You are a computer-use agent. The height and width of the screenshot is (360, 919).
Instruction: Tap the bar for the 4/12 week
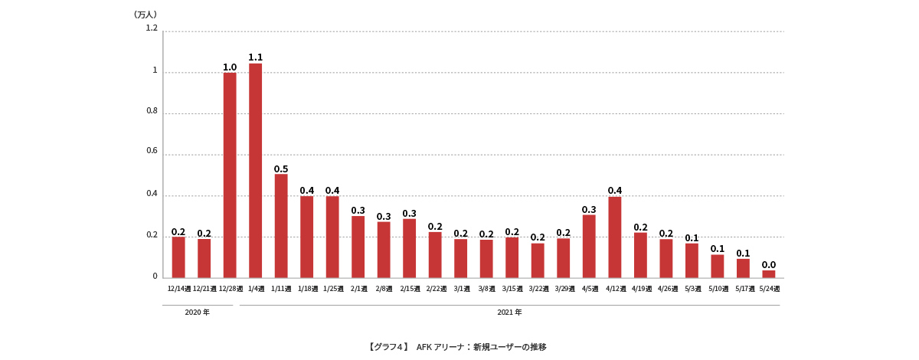(615, 237)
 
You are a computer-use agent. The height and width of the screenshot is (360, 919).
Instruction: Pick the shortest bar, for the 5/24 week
(769, 273)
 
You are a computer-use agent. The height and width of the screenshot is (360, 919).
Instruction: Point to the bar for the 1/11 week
(281, 225)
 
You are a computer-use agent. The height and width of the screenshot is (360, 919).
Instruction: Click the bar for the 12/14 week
(178, 257)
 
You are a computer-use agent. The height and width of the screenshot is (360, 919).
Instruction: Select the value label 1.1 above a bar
(255, 57)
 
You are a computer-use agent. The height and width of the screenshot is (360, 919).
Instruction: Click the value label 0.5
(281, 169)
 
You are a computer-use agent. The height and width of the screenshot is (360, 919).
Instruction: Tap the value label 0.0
(769, 265)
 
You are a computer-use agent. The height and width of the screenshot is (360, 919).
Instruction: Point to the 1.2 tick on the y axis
(151, 28)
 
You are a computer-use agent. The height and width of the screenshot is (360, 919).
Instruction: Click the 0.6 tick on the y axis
(151, 152)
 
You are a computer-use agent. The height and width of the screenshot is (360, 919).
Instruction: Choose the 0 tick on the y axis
(154, 277)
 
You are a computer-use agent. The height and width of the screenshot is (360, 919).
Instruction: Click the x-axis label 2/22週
(436, 289)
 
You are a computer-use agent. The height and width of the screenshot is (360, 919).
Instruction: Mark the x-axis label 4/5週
(590, 289)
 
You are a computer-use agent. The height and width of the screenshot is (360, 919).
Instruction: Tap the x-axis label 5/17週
(744, 289)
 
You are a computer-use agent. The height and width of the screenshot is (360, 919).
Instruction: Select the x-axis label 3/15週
(512, 289)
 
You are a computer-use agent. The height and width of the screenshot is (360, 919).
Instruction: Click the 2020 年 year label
(197, 313)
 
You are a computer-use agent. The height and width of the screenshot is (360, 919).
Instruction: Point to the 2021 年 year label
(509, 313)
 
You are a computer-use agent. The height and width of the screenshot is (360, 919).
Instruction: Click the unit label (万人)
(145, 15)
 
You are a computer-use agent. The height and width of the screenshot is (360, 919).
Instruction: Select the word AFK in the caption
(425, 347)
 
